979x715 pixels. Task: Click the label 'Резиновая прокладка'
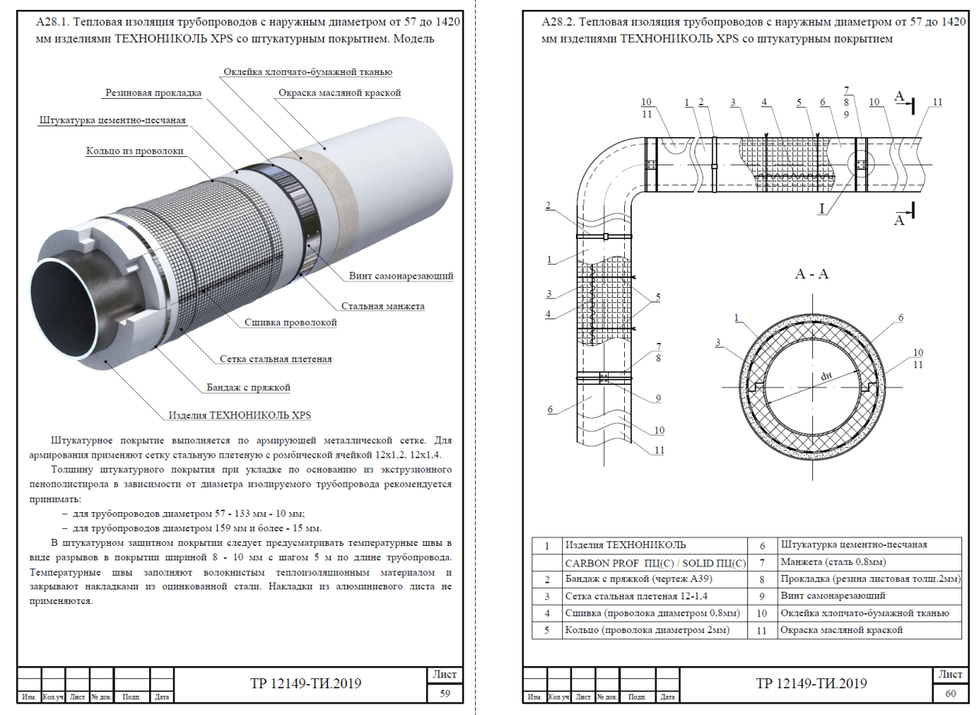(x=152, y=93)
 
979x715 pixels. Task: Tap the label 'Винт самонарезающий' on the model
(x=402, y=276)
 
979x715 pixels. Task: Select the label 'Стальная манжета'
(x=382, y=306)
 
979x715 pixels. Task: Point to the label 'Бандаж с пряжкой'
(x=249, y=387)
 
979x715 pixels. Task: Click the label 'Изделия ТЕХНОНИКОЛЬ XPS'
(x=239, y=416)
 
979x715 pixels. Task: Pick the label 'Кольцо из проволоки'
(x=135, y=152)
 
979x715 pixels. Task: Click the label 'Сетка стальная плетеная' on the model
(x=275, y=358)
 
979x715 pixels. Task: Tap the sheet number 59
(x=444, y=694)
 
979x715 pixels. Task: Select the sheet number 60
(x=949, y=694)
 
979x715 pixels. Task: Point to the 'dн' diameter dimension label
(x=825, y=375)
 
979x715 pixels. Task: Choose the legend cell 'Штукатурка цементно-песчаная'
(x=854, y=545)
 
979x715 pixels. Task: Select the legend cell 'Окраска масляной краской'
(x=841, y=630)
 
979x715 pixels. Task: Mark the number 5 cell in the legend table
(x=547, y=630)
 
